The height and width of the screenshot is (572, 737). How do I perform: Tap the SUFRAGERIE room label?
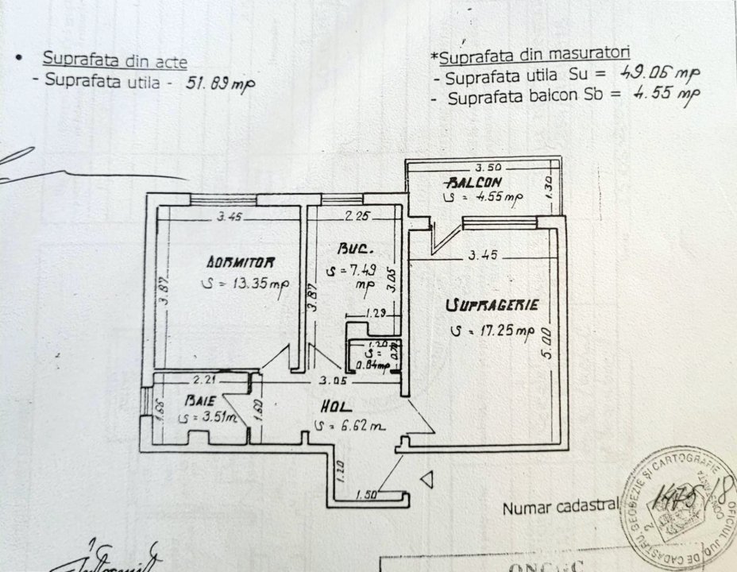point(493,305)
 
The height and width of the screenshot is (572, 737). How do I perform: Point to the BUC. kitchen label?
point(350,247)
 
